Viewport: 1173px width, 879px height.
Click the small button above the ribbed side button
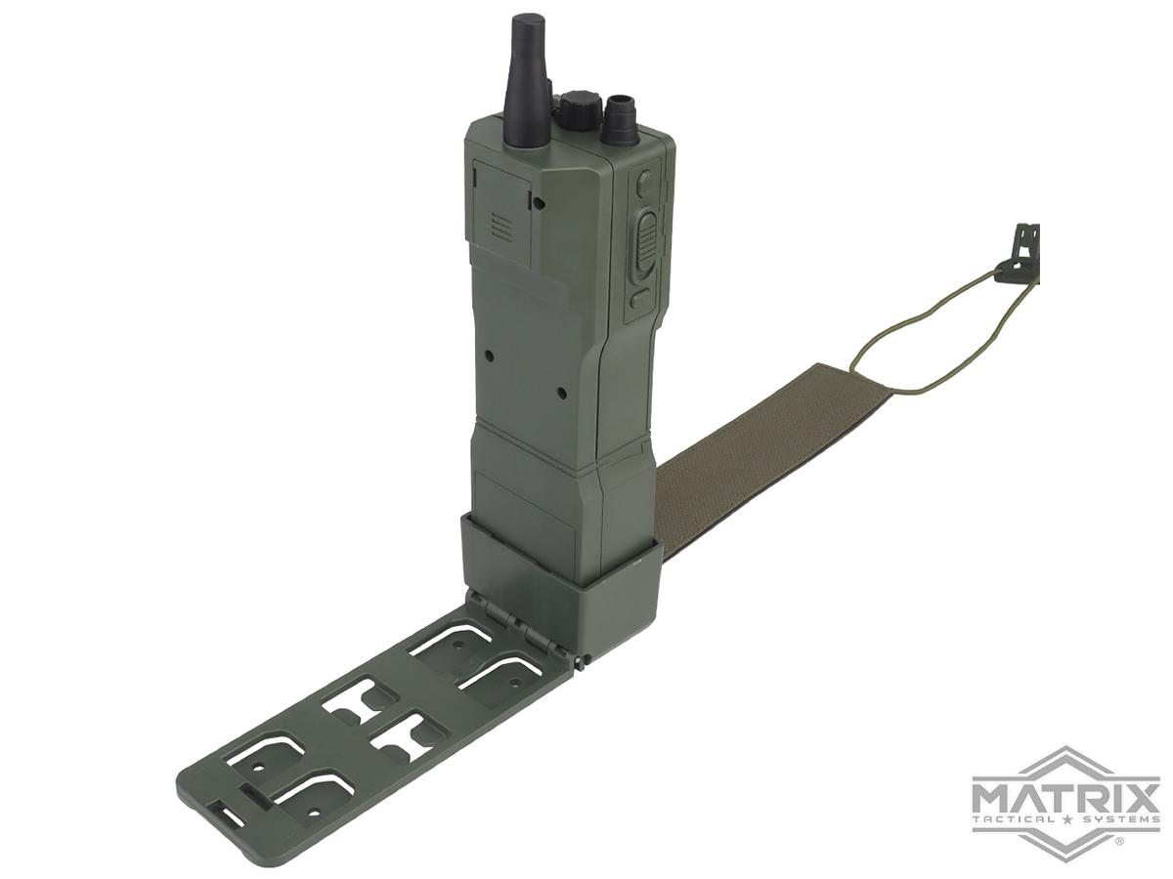pyautogui.click(x=643, y=183)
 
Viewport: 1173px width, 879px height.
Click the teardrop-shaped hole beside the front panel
pyautogui.click(x=537, y=202)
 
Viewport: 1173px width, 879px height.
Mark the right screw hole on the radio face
pyautogui.click(x=561, y=394)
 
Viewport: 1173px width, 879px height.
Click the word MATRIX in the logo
pyautogui.click(x=1065, y=792)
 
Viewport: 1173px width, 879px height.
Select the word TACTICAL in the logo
pyautogui.click(x=1012, y=819)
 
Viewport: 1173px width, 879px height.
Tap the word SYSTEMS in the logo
pyautogui.click(x=1120, y=819)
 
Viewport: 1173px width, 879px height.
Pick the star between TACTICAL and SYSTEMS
pyautogui.click(x=1065, y=819)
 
